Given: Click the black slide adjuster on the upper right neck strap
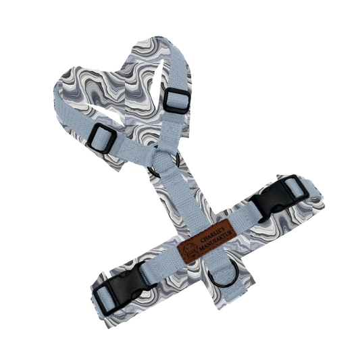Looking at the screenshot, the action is pyautogui.click(x=178, y=101).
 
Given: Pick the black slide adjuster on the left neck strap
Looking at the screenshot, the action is pyautogui.click(x=101, y=138).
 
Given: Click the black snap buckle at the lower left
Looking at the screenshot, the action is pyautogui.click(x=124, y=288).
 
